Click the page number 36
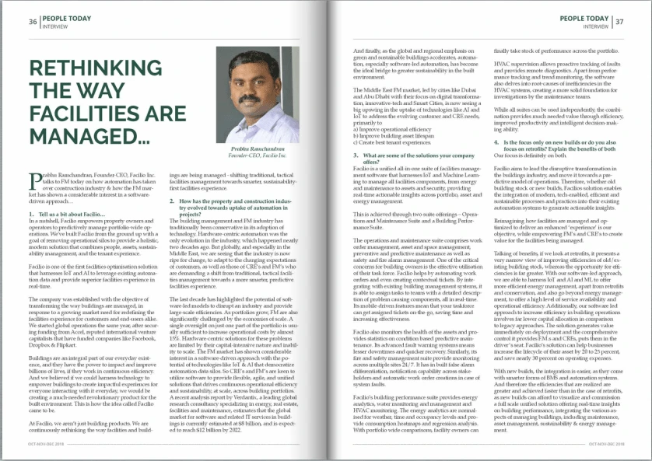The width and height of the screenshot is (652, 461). click(33, 21)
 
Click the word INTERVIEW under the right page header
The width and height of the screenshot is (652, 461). click(595, 26)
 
